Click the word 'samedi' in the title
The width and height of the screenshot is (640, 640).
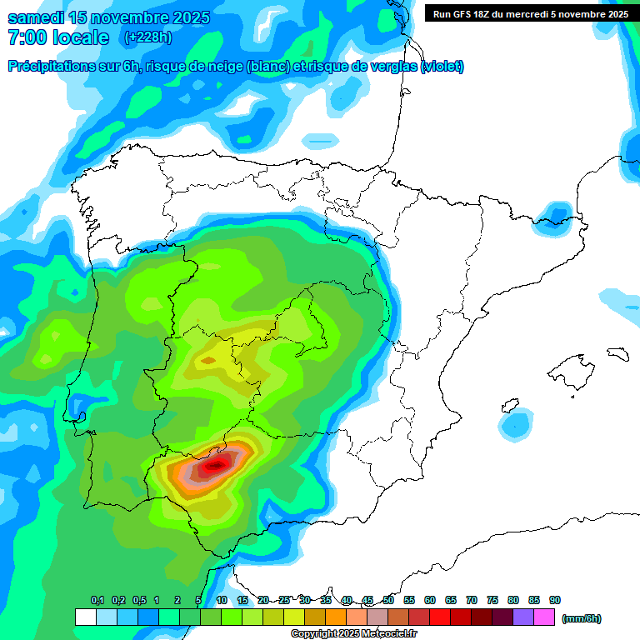[38, 17]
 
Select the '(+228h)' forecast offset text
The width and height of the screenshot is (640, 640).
[147, 37]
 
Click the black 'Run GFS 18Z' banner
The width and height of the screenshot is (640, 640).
[527, 13]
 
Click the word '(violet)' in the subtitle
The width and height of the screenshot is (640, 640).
[442, 67]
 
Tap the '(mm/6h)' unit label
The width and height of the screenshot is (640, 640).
[581, 618]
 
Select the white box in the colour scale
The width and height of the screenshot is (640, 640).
[85, 617]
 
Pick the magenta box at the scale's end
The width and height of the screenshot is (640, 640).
[544, 617]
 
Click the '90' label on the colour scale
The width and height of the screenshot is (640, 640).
[555, 600]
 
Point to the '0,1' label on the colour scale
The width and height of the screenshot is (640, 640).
[97, 600]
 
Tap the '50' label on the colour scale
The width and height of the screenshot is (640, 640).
[388, 600]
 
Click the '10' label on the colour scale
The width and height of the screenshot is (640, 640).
[222, 600]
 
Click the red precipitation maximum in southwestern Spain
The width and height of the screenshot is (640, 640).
[217, 464]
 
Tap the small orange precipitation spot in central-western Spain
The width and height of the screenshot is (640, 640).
[207, 360]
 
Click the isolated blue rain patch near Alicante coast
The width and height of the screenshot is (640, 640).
[516, 424]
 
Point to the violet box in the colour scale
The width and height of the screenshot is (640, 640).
[523, 617]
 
